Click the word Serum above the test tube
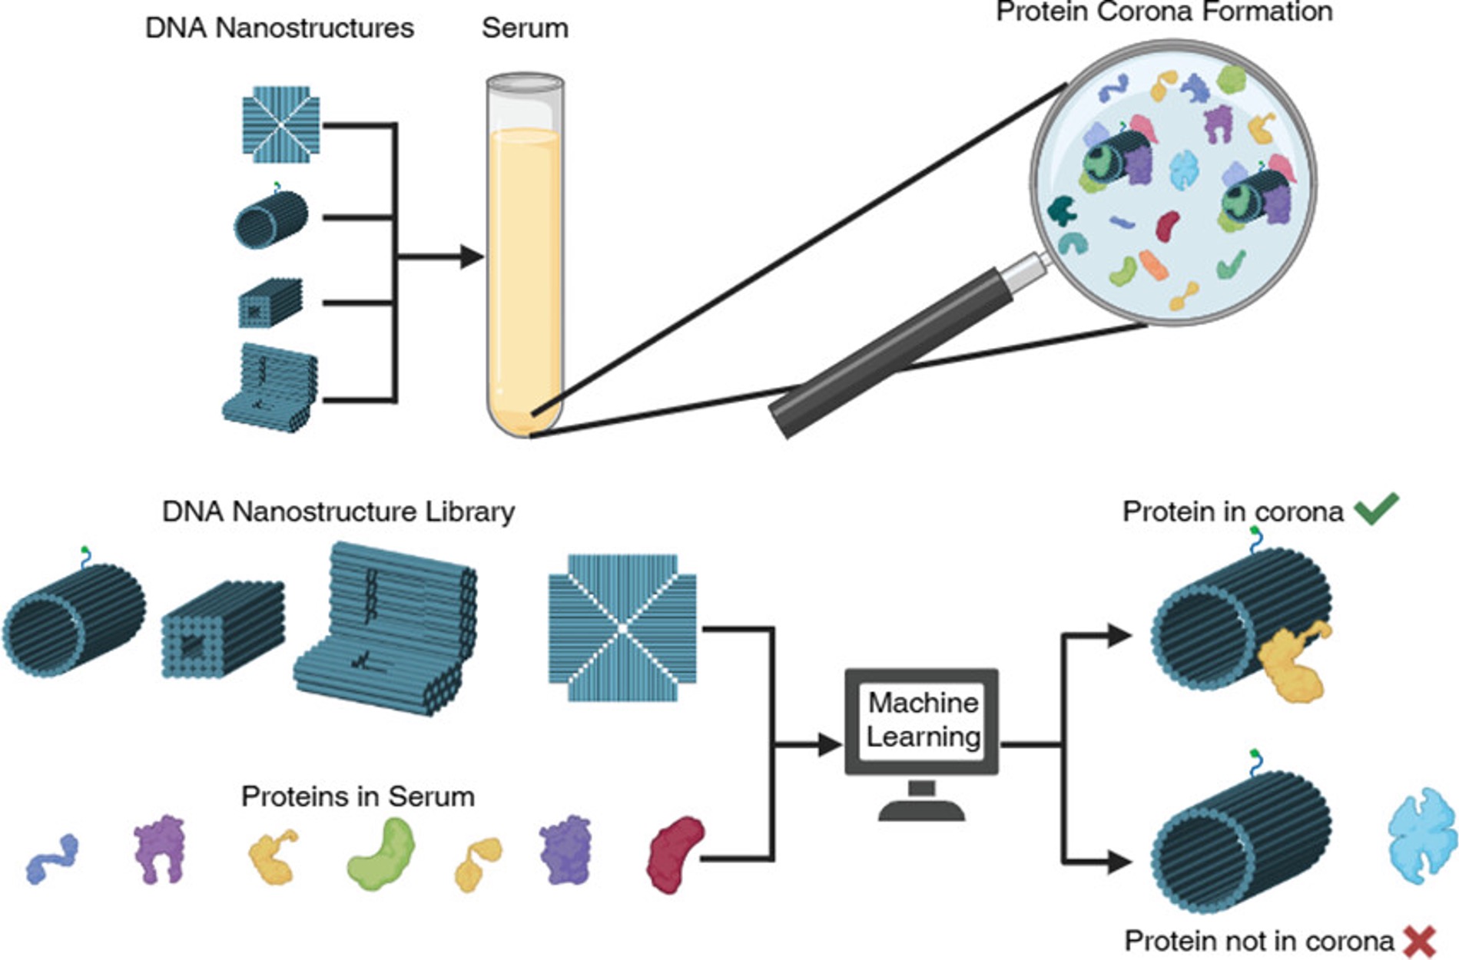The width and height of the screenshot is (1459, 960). [525, 28]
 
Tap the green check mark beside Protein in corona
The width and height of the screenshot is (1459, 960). [1376, 509]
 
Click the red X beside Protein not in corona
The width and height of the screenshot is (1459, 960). [1419, 941]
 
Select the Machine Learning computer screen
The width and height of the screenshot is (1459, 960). [922, 720]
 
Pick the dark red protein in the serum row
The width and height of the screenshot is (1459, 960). [675, 853]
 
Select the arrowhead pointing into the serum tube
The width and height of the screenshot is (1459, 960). [471, 257]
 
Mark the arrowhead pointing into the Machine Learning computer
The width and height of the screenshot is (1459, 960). [830, 744]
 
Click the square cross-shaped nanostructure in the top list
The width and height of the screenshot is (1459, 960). [281, 124]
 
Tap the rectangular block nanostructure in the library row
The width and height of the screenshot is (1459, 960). [223, 630]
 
